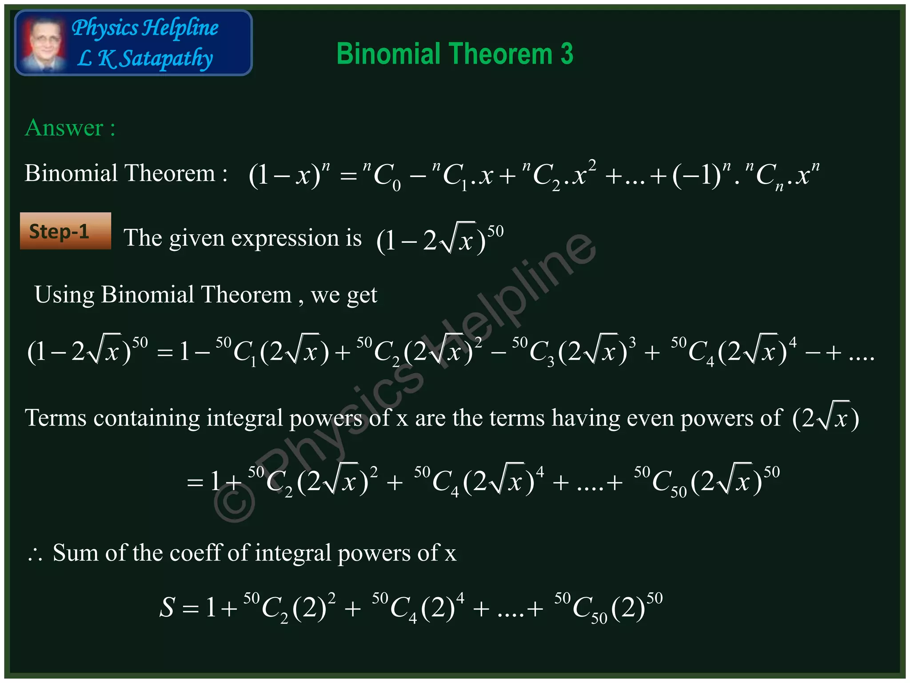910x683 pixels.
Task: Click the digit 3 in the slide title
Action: click(x=567, y=54)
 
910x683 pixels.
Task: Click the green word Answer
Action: click(x=64, y=128)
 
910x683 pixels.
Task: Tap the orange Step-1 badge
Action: click(x=65, y=231)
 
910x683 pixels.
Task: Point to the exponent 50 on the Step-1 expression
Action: click(x=495, y=231)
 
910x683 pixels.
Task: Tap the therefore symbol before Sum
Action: click(x=35, y=554)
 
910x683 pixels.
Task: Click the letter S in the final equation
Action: click(x=167, y=607)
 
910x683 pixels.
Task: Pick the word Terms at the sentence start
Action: click(x=56, y=418)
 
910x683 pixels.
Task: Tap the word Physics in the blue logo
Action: click(x=105, y=28)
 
